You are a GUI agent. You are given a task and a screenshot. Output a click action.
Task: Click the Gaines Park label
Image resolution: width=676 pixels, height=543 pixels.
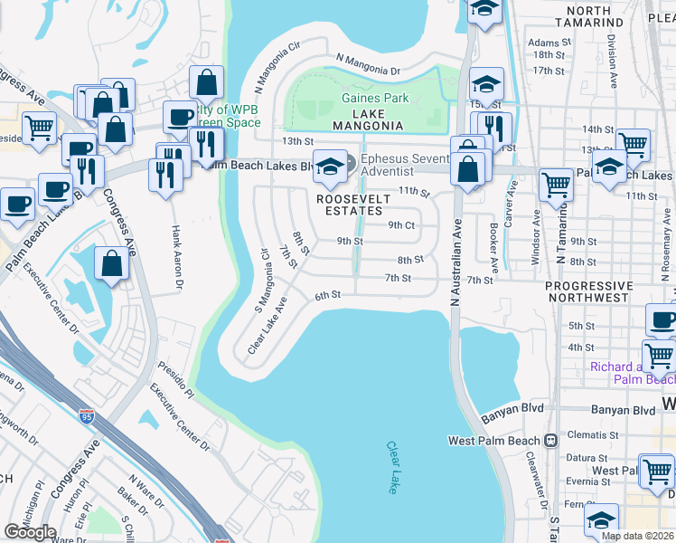tap(375, 98)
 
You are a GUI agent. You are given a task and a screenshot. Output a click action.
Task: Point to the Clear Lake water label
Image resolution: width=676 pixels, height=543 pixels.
tap(392, 467)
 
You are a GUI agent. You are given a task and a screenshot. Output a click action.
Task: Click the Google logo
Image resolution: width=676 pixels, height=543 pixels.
tap(30, 532)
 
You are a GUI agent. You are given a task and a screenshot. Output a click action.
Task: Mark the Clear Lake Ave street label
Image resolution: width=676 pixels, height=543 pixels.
tap(268, 325)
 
